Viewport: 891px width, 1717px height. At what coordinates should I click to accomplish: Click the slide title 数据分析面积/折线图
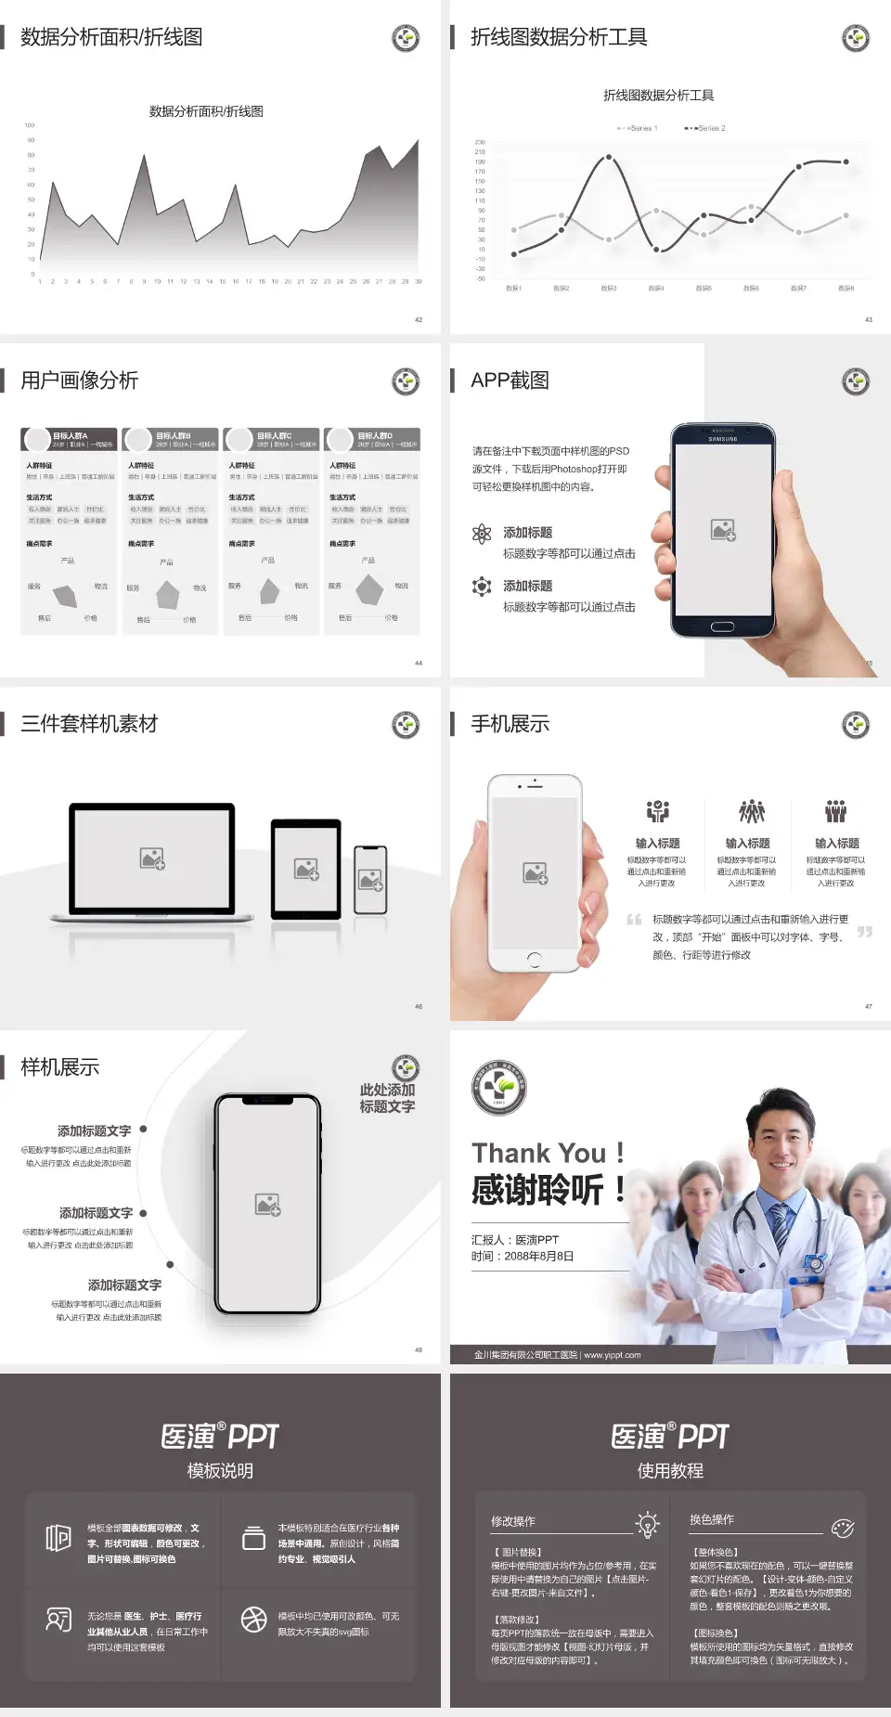[x=111, y=37]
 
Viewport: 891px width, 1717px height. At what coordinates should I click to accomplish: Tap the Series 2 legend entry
[x=707, y=128]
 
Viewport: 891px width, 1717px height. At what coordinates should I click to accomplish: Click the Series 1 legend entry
[x=639, y=128]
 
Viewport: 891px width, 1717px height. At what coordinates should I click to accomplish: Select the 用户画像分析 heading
[x=80, y=381]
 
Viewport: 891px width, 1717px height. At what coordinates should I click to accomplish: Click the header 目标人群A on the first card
[x=71, y=435]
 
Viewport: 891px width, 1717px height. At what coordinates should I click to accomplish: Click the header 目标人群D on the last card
[x=376, y=435]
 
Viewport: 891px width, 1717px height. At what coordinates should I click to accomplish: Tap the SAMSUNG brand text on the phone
[x=723, y=439]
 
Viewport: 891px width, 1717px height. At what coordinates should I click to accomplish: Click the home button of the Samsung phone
[x=723, y=626]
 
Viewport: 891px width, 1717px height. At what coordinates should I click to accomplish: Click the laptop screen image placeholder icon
[x=152, y=858]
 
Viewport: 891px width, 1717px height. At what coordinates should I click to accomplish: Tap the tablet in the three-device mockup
[x=306, y=869]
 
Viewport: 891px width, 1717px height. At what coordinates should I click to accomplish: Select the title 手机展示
[x=510, y=724]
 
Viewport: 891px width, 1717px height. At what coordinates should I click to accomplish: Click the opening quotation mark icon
[x=634, y=920]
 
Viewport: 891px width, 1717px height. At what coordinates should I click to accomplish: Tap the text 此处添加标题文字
[x=387, y=1098]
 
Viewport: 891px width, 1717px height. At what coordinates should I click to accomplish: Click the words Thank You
[x=538, y=1153]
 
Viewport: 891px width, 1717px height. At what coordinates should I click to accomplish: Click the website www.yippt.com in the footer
[x=613, y=1355]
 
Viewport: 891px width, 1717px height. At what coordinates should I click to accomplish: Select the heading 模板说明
[x=220, y=1471]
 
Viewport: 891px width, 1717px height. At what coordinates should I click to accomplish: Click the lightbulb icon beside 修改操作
[x=647, y=1523]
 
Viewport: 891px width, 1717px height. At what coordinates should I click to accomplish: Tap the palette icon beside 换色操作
[x=843, y=1529]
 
